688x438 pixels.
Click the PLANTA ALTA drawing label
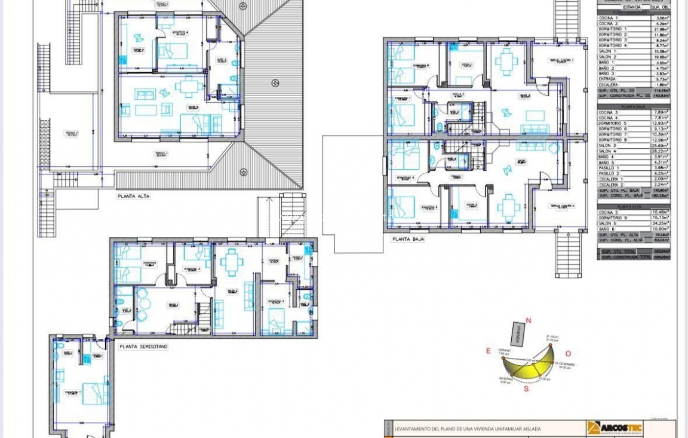click(133, 196)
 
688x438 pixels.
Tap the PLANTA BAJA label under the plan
click(408, 239)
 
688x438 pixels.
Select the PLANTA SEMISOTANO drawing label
click(143, 347)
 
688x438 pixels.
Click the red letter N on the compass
click(528, 321)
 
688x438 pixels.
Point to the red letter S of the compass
click(526, 388)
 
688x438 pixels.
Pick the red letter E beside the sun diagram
click(488, 351)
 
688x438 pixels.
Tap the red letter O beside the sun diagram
click(568, 354)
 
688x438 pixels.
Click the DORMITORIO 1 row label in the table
click(613, 29)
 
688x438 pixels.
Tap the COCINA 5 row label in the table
click(609, 212)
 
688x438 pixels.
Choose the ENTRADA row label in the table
click(607, 79)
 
